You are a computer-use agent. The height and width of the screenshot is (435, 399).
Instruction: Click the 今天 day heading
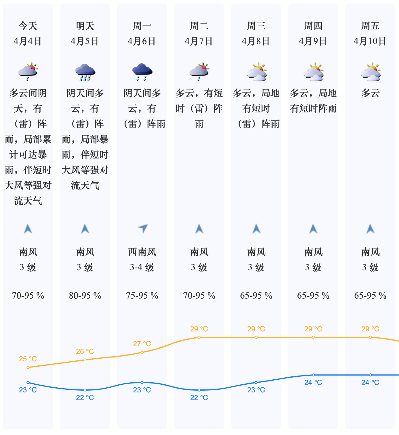pos(28,26)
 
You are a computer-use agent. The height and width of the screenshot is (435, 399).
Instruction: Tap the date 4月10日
pos(370,41)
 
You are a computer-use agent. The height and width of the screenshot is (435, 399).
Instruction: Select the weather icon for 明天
pos(85,72)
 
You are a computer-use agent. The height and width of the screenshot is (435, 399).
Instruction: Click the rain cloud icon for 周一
pos(142,72)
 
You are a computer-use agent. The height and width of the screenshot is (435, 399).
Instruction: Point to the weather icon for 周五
pos(370,72)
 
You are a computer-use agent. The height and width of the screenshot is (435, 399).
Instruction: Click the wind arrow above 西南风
pos(143,228)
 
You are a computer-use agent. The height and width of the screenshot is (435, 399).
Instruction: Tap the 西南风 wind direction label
pos(142,252)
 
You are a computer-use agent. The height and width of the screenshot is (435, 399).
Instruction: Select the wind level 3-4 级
pos(142,268)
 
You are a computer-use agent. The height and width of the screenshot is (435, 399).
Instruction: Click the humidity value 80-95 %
pos(85,296)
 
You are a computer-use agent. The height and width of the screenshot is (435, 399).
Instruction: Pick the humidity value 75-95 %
pos(142,296)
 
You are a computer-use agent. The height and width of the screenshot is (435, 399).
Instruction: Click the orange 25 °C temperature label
pos(28,359)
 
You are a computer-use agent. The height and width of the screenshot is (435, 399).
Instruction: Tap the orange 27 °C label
pos(142,344)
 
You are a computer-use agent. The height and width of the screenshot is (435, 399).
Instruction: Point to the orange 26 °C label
pos(85,352)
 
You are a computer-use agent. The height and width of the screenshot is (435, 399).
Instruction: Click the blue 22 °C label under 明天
pos(85,398)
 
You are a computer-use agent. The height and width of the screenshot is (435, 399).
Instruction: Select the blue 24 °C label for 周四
pos(313,383)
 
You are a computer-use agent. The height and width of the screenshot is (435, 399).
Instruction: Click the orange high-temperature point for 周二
pos(199,337)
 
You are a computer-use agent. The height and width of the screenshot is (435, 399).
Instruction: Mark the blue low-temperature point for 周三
pos(256,383)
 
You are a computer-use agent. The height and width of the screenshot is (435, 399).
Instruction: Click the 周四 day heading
pos(313,26)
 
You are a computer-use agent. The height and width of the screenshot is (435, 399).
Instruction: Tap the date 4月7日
pos(199,41)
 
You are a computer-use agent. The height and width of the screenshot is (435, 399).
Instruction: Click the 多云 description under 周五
pos(370,93)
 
